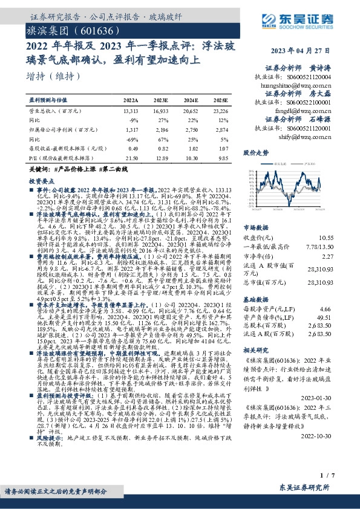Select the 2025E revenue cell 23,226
[x=221, y=111]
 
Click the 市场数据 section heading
[x=255, y=227]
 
